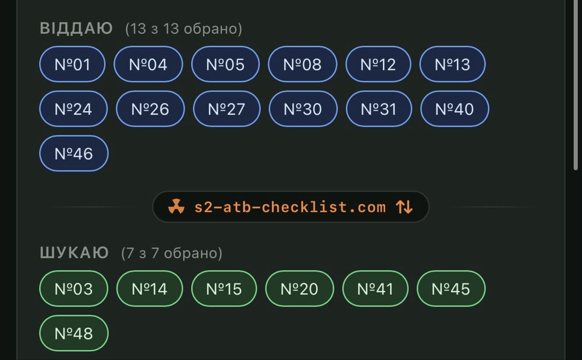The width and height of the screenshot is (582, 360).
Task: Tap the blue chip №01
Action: tap(72, 64)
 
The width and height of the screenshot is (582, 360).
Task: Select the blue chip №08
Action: tap(303, 64)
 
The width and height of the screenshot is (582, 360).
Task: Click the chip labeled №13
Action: tap(452, 64)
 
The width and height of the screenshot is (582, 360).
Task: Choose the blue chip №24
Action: tap(73, 109)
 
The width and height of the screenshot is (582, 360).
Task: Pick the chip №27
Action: tap(227, 109)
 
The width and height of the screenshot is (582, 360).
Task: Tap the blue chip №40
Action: tap(455, 109)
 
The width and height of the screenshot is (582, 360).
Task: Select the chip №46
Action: tap(74, 153)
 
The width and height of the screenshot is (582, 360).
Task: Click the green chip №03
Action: tap(74, 288)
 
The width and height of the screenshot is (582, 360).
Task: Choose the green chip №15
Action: tap(224, 288)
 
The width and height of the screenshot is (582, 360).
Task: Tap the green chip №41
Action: tap(375, 288)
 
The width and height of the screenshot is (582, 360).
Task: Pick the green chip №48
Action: tap(74, 333)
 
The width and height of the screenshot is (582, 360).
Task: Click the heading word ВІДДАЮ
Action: tap(76, 28)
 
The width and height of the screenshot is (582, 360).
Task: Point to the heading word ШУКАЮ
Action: tap(74, 253)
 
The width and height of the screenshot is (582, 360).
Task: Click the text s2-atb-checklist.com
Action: tap(290, 207)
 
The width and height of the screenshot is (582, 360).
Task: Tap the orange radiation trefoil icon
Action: tap(176, 207)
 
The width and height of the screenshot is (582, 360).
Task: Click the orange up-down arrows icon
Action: tap(404, 207)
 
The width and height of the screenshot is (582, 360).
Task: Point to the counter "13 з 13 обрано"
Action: tap(184, 29)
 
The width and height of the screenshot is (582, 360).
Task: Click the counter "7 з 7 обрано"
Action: tap(172, 253)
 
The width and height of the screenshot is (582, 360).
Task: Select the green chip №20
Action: tap(300, 288)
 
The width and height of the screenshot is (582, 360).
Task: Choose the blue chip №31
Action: tap(379, 109)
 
